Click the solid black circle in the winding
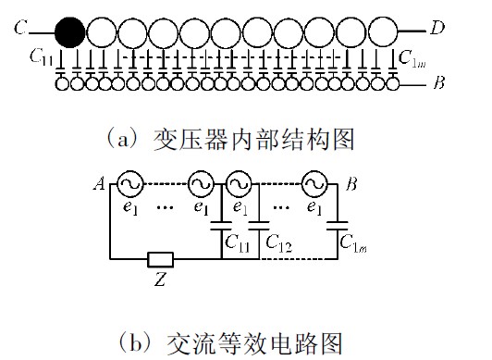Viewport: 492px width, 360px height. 69,32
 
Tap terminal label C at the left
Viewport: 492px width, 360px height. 20,28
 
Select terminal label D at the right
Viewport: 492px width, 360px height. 437,28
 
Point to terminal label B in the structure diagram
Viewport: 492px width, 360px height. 439,83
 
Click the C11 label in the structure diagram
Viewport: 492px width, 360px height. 41,57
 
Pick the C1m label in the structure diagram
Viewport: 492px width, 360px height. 412,58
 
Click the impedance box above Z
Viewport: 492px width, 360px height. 160,259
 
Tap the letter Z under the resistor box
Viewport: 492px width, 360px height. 160,279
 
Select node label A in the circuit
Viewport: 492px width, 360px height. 100,183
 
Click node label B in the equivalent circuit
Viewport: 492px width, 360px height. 351,183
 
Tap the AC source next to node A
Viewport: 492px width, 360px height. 129,184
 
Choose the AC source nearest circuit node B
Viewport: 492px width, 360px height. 314,184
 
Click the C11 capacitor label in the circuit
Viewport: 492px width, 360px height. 237,242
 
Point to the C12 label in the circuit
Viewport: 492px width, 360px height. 278,243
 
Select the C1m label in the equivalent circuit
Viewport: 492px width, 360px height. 353,243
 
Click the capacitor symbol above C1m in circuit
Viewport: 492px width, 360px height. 338,226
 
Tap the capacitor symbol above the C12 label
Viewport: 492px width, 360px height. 259,226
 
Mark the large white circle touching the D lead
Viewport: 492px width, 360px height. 383,32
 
